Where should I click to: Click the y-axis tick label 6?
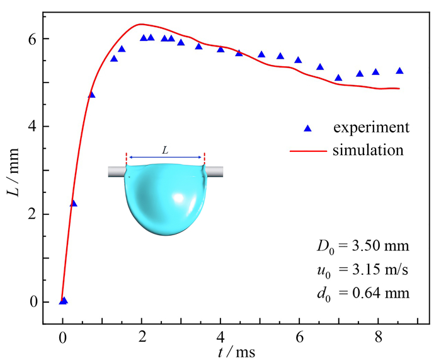tap(30, 39)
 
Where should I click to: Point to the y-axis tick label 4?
tap(30, 127)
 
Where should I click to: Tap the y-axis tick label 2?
tap(30, 214)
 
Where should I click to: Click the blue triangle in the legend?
tap(308, 128)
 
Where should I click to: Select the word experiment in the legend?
tap(371, 128)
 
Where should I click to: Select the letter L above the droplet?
tap(165, 150)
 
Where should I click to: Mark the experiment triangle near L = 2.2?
tap(74, 204)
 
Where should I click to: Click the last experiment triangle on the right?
tap(399, 71)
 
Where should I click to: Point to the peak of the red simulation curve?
tap(140, 24)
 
